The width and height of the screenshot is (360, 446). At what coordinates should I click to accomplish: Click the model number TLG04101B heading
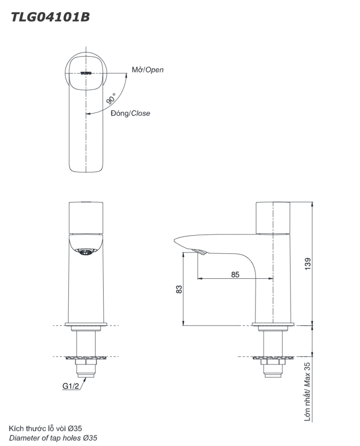tap(50, 17)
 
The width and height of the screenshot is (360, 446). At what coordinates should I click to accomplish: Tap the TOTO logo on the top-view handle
tap(87, 73)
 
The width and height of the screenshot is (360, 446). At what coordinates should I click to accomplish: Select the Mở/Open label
tap(148, 70)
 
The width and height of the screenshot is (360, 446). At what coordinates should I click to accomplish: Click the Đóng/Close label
tap(130, 113)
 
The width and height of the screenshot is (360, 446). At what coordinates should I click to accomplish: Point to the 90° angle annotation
tap(111, 99)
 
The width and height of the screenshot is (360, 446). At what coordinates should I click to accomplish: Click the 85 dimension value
tap(235, 274)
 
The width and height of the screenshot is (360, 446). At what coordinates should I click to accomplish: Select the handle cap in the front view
tap(86, 217)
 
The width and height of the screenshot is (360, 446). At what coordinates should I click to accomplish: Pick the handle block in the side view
tap(273, 217)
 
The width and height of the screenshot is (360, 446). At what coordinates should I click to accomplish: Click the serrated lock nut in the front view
tap(86, 358)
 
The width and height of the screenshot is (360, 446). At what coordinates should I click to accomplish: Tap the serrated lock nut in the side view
tap(273, 358)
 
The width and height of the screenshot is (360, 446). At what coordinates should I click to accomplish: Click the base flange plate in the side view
tap(273, 325)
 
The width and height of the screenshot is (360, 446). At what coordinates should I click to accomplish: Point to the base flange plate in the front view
tap(86, 325)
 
